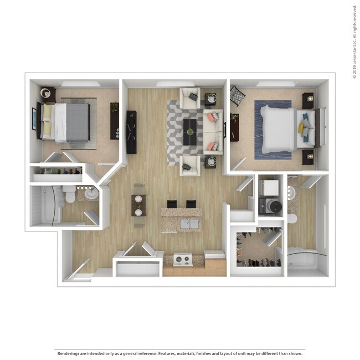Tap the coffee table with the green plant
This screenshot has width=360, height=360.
click(191, 131)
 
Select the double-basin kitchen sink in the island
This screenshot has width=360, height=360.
click(190, 223)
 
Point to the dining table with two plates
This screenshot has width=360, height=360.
click(138, 205)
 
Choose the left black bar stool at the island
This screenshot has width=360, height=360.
click(172, 204)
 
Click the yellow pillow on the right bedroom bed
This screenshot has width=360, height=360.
click(301, 128)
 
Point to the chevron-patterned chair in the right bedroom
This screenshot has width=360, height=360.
click(237, 95)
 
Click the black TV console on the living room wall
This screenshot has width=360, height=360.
click(131, 132)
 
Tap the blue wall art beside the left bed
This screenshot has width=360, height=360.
click(34, 119)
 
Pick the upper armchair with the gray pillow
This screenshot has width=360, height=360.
click(190, 98)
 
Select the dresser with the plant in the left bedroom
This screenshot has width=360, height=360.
click(115, 120)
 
